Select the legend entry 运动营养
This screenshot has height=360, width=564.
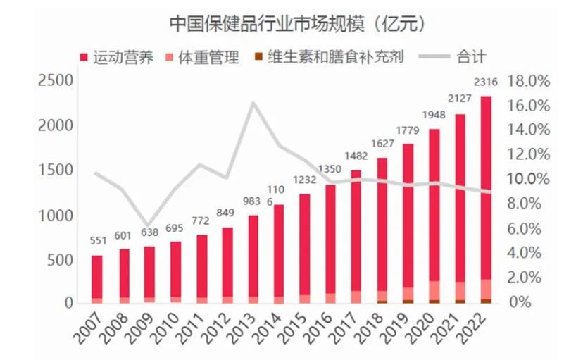(117, 57)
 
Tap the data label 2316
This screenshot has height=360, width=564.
(486, 83)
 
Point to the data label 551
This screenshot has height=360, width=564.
(97, 240)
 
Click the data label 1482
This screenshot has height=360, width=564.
(356, 156)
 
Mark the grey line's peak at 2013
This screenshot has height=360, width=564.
(253, 103)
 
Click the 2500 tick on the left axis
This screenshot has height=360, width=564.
(54, 80)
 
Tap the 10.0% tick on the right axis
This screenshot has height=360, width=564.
(529, 178)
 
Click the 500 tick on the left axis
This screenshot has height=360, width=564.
(59, 259)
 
